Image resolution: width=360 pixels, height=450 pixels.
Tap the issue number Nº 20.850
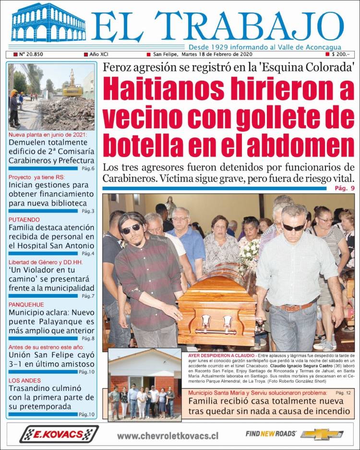(31, 54)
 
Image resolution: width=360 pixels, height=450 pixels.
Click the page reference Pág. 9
(345, 188)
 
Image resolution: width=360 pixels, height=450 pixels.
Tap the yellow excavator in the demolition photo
(72, 86)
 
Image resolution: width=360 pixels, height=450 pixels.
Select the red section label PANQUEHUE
(27, 304)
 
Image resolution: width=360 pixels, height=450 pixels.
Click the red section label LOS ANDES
(24, 380)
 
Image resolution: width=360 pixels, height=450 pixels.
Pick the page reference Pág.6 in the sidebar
(88, 169)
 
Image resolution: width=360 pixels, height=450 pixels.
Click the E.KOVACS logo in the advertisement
(59, 434)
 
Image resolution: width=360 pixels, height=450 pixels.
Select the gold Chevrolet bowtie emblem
(322, 435)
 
